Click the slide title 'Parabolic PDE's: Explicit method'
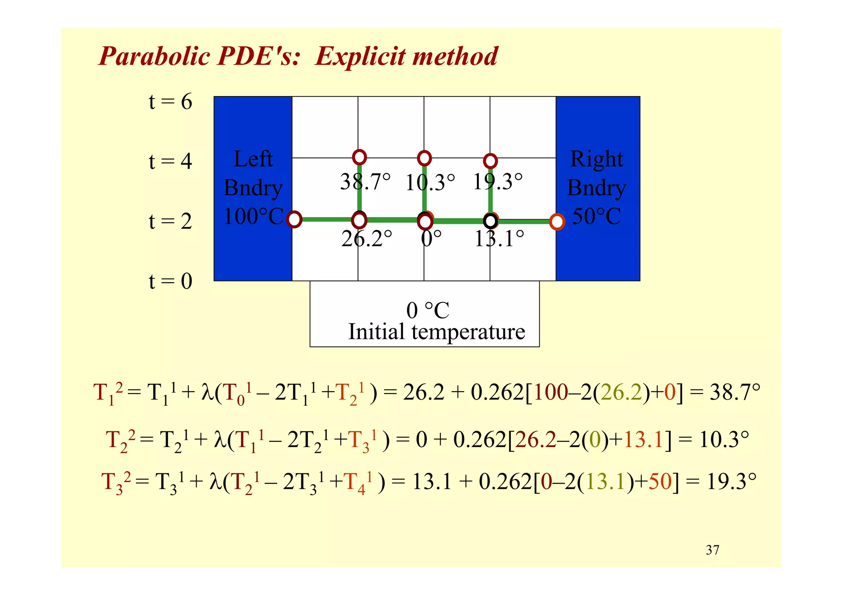pyautogui.click(x=298, y=56)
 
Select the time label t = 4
pyautogui.click(x=170, y=161)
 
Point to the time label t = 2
pyautogui.click(x=170, y=221)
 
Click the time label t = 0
pyautogui.click(x=170, y=281)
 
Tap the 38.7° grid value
pyautogui.click(x=365, y=182)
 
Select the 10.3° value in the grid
pyautogui.click(x=430, y=183)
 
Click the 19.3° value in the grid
pyautogui.click(x=497, y=182)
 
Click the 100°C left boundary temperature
pyautogui.click(x=253, y=217)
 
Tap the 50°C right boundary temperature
pyautogui.click(x=597, y=217)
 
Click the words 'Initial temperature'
pyautogui.click(x=437, y=332)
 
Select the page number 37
pyautogui.click(x=712, y=550)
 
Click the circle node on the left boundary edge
pyautogui.click(x=294, y=219)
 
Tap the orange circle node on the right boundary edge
pyautogui.click(x=557, y=221)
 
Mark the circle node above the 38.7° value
pyautogui.click(x=359, y=157)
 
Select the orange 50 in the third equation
pyautogui.click(x=660, y=482)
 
